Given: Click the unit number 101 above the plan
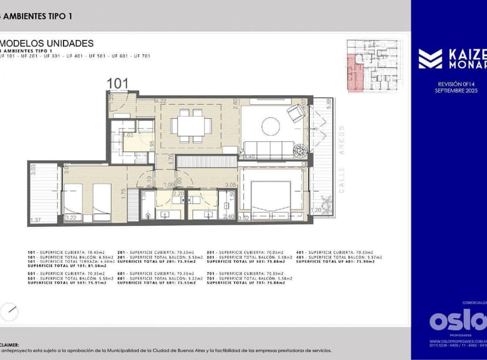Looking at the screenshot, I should [x=118, y=84].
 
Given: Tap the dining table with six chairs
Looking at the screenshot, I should [x=192, y=126].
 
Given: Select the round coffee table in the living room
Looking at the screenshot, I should [x=271, y=126].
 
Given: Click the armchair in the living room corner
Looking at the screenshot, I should [x=296, y=114].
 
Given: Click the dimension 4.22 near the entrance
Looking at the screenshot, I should [x=160, y=101].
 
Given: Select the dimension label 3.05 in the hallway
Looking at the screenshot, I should [x=231, y=185].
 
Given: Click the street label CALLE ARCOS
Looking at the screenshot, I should [x=341, y=159].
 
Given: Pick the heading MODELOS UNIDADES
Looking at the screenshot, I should [x=47, y=43].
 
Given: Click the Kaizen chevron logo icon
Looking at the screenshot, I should [x=430, y=59].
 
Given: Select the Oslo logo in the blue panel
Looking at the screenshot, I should [x=458, y=320].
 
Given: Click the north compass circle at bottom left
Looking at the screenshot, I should [x=10, y=311].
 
